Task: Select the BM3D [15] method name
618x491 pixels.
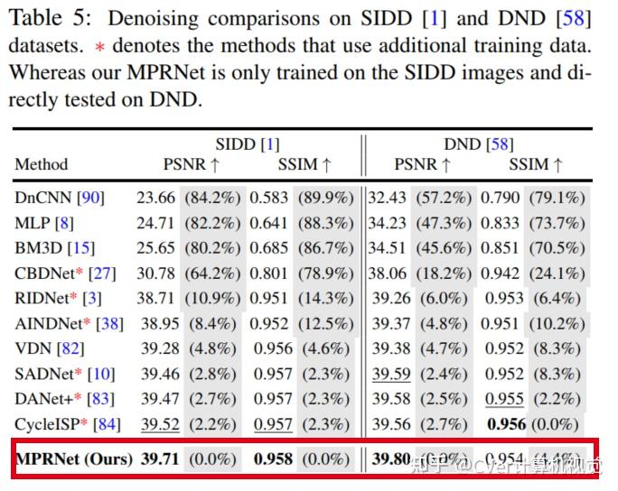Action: point(54,246)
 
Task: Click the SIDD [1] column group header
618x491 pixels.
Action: point(247,144)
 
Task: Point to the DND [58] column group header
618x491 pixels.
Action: point(478,144)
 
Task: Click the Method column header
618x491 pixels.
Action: point(42,164)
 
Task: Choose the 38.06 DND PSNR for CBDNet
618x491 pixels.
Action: point(390,272)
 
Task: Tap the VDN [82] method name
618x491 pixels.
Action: point(48,347)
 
